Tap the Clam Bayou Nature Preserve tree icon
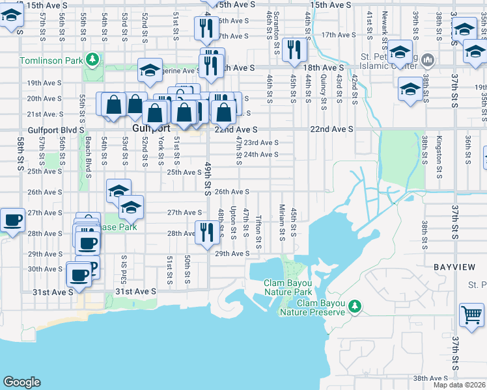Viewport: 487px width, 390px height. pos(355,305)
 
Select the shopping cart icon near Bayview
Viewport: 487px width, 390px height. pos(471,315)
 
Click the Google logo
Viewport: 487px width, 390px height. pos(21,382)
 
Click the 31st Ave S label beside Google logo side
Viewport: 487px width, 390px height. pos(53,292)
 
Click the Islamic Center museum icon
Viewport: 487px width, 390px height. pos(428,61)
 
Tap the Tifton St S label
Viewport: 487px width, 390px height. pos(258,231)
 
